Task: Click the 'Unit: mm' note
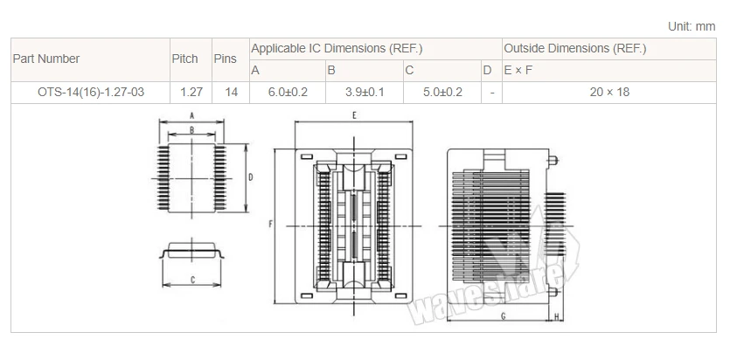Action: click(692, 26)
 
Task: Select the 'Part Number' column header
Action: click(46, 59)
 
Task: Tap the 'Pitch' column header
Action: click(184, 59)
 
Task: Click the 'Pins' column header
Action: click(225, 59)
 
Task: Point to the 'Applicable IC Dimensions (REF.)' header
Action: click(343, 48)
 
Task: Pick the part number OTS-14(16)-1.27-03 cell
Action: click(90, 92)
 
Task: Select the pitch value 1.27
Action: click(191, 92)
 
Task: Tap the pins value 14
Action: click(231, 92)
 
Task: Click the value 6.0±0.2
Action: click(288, 92)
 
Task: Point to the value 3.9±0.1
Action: click(365, 92)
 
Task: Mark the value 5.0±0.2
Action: click(442, 92)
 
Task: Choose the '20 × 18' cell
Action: click(610, 92)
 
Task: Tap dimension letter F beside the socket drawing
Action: click(273, 225)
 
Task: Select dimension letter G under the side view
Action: click(504, 315)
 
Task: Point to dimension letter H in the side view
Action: click(557, 315)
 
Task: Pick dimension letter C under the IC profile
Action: click(192, 280)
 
